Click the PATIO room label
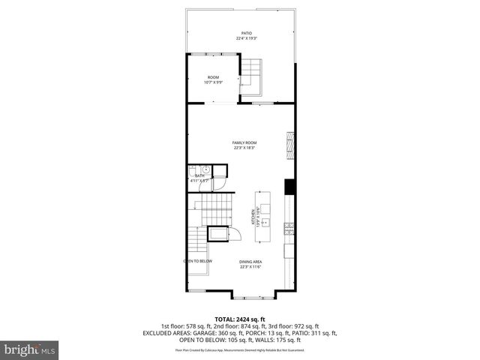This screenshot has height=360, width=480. coord(246,34)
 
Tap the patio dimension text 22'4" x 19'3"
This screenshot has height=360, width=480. coord(246,39)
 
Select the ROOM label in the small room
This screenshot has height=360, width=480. coord(213,77)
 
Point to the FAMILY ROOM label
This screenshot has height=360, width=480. coord(244,142)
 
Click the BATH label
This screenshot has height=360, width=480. coord(199,175)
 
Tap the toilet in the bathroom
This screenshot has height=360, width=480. coord(193,169)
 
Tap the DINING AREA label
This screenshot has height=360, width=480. coord(250,262)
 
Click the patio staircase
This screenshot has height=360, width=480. coord(250,75)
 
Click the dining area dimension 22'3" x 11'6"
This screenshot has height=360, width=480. coord(250,267)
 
